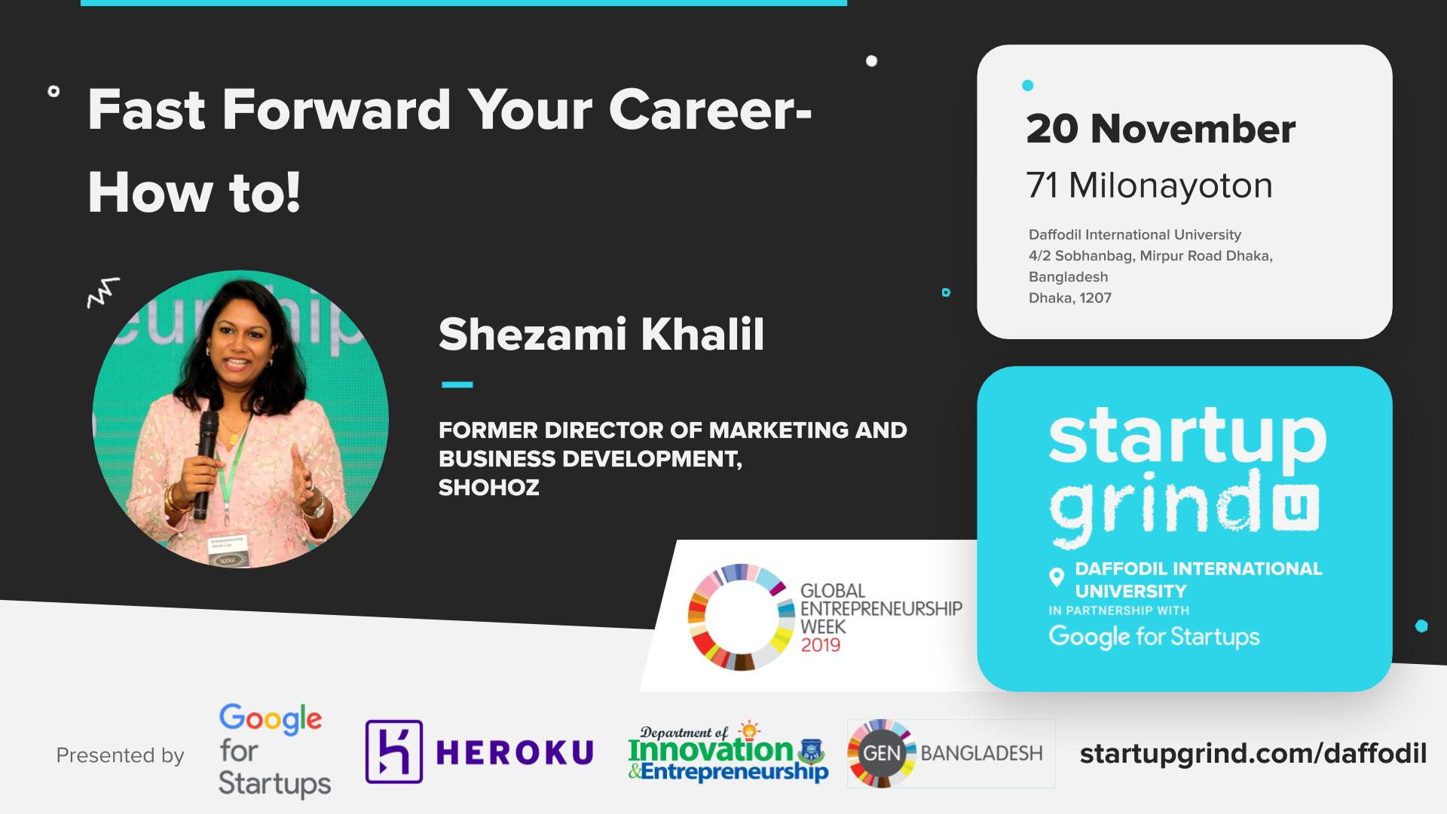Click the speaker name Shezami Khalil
pyautogui.click(x=601, y=334)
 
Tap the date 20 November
pyautogui.click(x=1161, y=129)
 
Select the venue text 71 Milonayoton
pyautogui.click(x=1149, y=185)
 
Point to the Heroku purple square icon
pyautogui.click(x=393, y=751)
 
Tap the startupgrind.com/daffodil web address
pyautogui.click(x=1253, y=754)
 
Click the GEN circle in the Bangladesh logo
pyautogui.click(x=882, y=753)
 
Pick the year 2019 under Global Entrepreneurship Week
pyautogui.click(x=820, y=645)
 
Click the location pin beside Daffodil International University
pyautogui.click(x=1057, y=578)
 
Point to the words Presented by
pyautogui.click(x=121, y=755)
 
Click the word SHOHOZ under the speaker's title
pyautogui.click(x=489, y=488)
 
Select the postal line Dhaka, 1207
pyautogui.click(x=1070, y=298)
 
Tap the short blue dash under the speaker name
pyautogui.click(x=457, y=384)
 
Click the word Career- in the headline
pyautogui.click(x=710, y=110)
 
